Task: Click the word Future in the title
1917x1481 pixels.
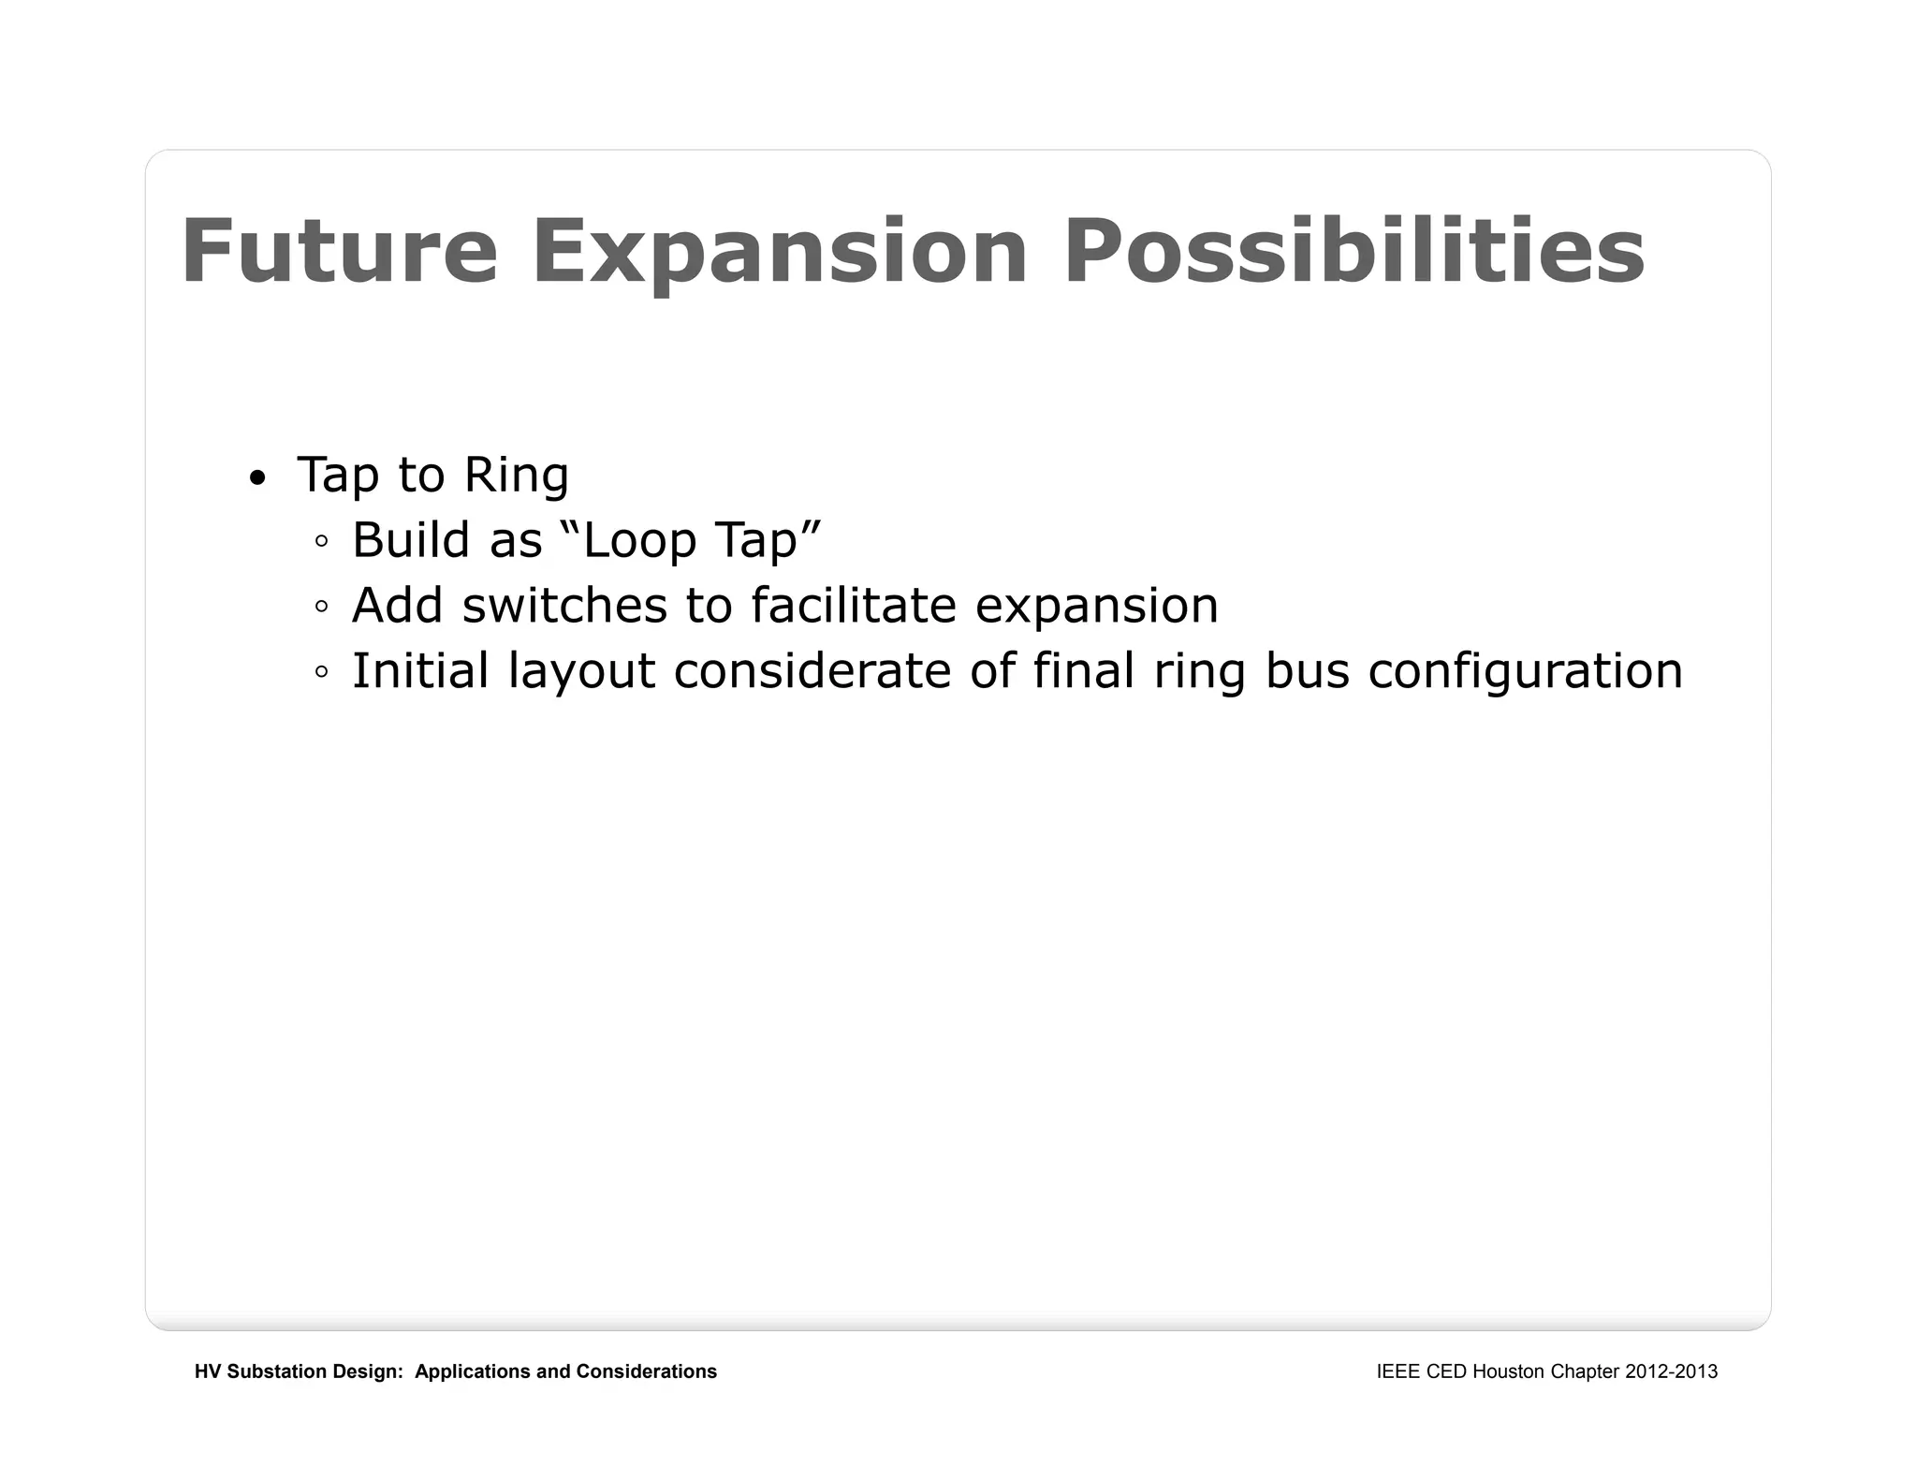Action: point(339,251)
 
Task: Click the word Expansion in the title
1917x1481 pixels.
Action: point(780,251)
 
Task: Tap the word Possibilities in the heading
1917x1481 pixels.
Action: point(1354,251)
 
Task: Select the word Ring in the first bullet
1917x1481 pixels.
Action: point(516,475)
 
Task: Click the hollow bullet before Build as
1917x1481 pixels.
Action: point(322,541)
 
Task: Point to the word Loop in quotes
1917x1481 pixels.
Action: point(638,540)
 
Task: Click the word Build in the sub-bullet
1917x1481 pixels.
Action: point(410,540)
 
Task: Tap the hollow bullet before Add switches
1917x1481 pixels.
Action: point(322,607)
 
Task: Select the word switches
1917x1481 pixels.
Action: point(564,606)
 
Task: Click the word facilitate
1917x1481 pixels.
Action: point(853,606)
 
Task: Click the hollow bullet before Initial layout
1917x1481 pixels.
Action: point(322,672)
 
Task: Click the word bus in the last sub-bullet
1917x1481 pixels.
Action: point(1307,671)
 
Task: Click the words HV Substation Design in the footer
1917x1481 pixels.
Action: point(298,1371)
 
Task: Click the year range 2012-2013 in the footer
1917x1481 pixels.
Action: point(1671,1371)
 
